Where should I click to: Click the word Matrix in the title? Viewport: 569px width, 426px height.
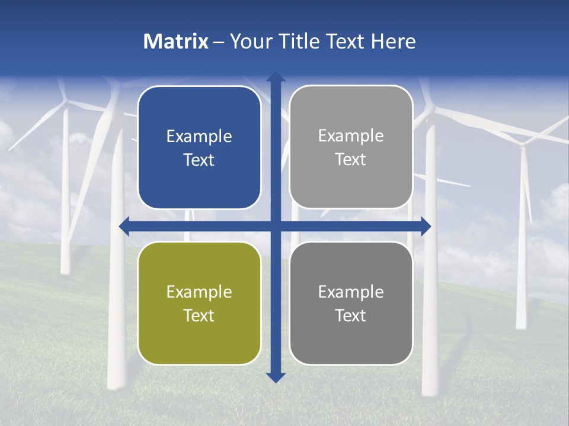point(176,41)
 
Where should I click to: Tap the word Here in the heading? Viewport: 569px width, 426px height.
point(393,41)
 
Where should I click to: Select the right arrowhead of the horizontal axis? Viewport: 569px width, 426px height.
point(426,226)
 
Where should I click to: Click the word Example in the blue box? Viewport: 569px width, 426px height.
point(199,137)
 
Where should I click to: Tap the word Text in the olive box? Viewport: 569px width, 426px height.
point(199,315)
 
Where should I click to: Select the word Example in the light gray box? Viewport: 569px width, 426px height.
point(351,136)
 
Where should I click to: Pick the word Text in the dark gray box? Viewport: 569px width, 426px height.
point(351,315)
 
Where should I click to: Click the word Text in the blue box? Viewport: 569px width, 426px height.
point(199,160)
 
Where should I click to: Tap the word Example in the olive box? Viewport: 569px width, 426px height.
point(199,292)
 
